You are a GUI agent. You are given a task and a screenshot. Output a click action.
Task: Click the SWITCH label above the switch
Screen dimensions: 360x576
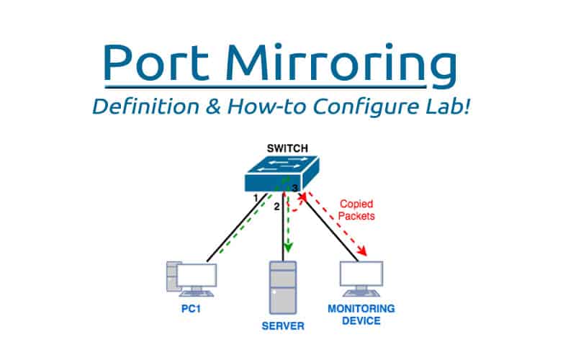(287, 149)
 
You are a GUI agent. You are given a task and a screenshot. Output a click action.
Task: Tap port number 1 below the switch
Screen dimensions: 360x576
(255, 197)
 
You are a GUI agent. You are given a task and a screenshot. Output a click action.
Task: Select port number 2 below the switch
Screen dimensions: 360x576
(276, 207)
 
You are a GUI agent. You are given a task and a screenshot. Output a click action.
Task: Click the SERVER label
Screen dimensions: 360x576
(282, 326)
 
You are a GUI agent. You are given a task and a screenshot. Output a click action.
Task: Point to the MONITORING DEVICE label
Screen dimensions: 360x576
(361, 314)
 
